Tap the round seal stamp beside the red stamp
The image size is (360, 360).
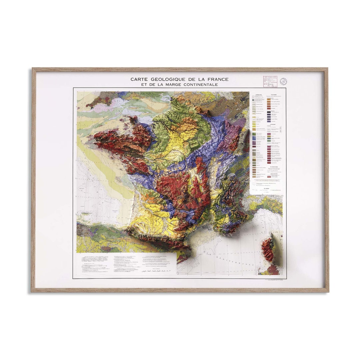tap(283, 81)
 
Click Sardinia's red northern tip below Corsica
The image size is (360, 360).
tap(273, 269)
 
